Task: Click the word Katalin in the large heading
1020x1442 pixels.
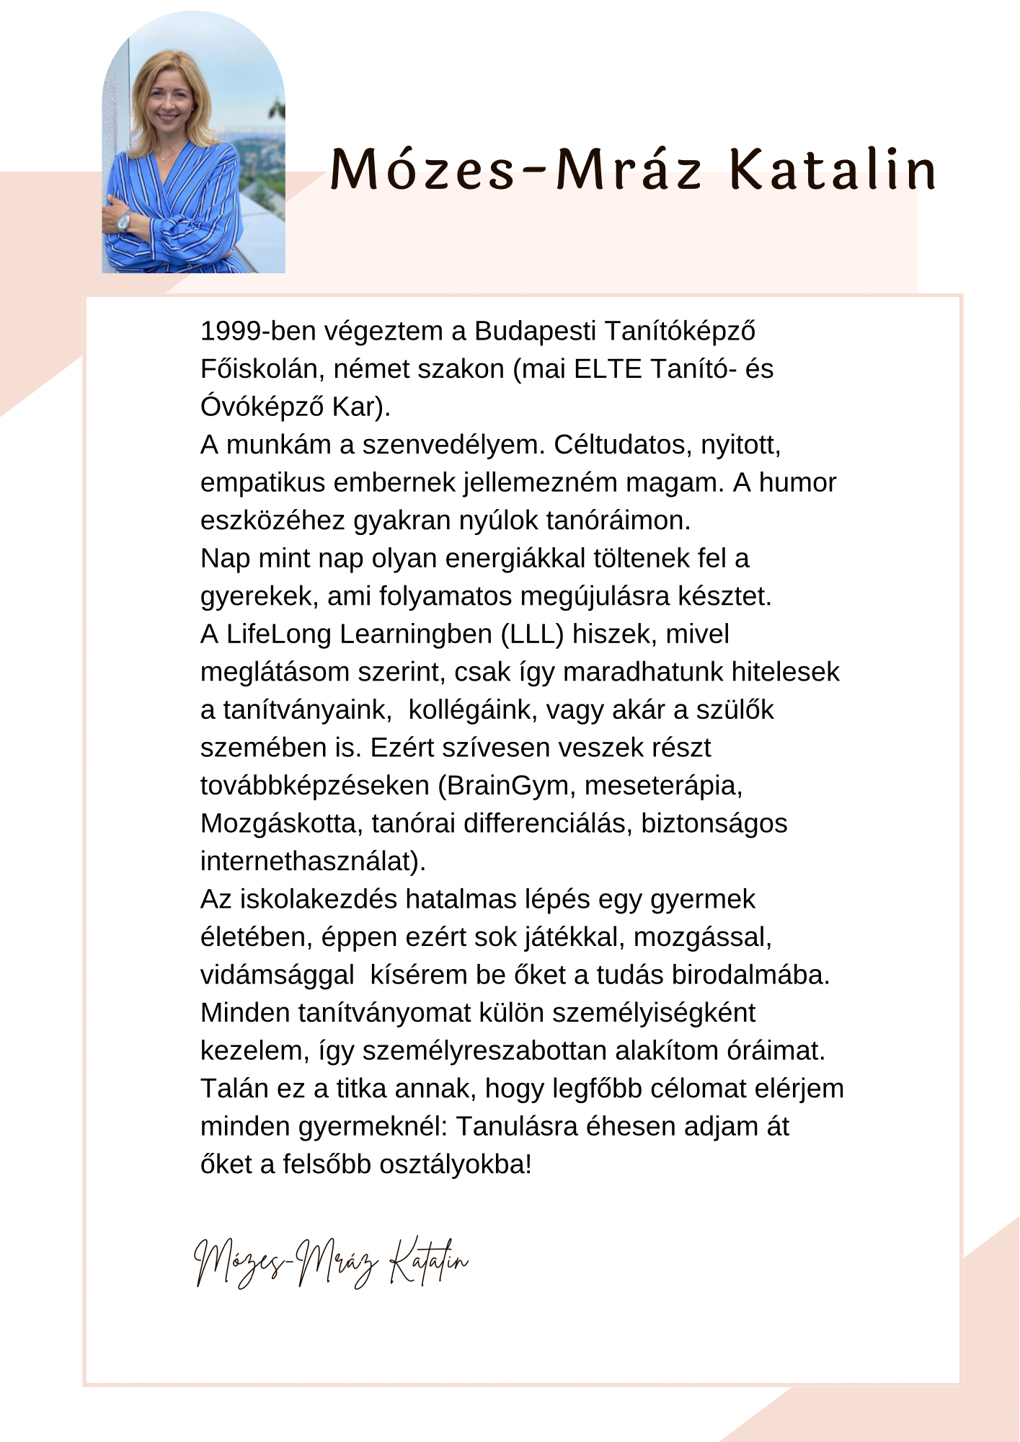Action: [833, 170]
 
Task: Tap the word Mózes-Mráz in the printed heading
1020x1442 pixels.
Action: [515, 170]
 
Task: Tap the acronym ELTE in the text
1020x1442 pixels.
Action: [608, 369]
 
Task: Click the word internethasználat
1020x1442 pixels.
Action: [309, 861]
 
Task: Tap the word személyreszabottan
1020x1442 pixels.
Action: [484, 1050]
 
